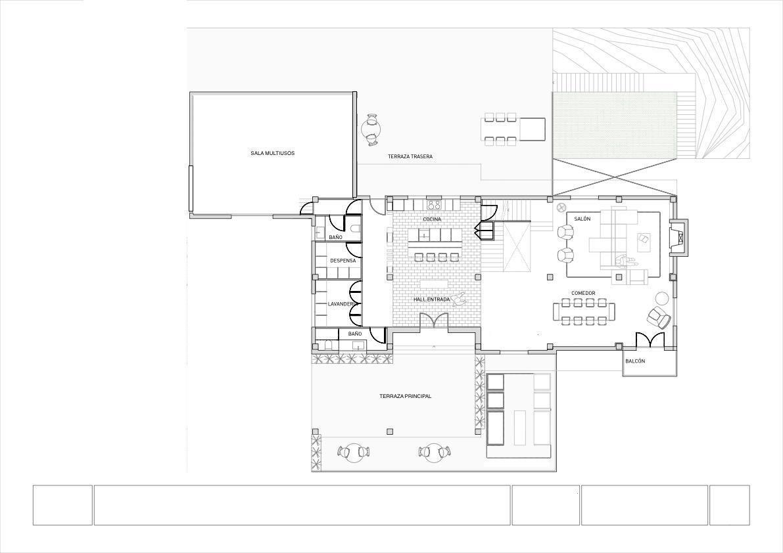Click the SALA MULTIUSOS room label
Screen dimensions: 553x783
272,153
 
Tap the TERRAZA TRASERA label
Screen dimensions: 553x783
410,156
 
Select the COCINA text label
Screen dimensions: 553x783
432,219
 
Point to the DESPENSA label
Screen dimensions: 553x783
343,261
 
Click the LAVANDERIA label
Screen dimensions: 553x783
343,304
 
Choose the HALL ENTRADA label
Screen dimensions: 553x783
432,299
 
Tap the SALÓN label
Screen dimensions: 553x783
582,219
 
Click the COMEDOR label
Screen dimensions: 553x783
583,293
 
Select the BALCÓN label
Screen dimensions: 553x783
635,362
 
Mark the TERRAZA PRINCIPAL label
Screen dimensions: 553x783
405,396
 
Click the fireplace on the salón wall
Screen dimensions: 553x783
678,236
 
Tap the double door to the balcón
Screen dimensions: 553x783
650,340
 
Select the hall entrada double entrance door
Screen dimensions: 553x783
434,322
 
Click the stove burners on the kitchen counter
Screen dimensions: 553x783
434,204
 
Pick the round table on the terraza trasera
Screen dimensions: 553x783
372,129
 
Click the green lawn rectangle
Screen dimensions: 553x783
615,125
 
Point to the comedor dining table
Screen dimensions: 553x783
585,311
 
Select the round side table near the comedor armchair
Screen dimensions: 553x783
662,298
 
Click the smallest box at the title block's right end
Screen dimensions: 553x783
729,505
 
